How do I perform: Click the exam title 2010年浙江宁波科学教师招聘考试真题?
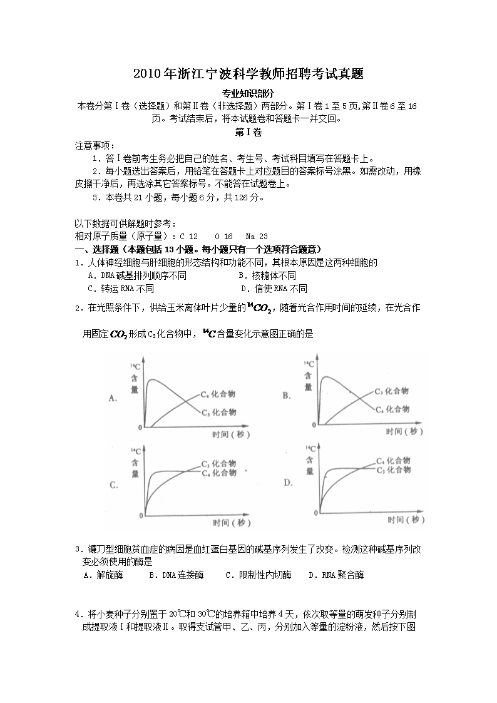248,74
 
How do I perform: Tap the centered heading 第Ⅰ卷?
248,133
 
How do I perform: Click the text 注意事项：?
95,145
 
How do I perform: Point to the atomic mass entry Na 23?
256,236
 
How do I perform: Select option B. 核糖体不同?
267,275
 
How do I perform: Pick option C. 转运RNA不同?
121,289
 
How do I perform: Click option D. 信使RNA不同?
274,289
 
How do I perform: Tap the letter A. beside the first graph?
114,398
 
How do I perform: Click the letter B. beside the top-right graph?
287,396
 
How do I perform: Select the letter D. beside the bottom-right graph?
289,483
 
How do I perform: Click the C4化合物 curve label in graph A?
218,394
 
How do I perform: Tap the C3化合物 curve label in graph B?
392,391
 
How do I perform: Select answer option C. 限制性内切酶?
258,575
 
